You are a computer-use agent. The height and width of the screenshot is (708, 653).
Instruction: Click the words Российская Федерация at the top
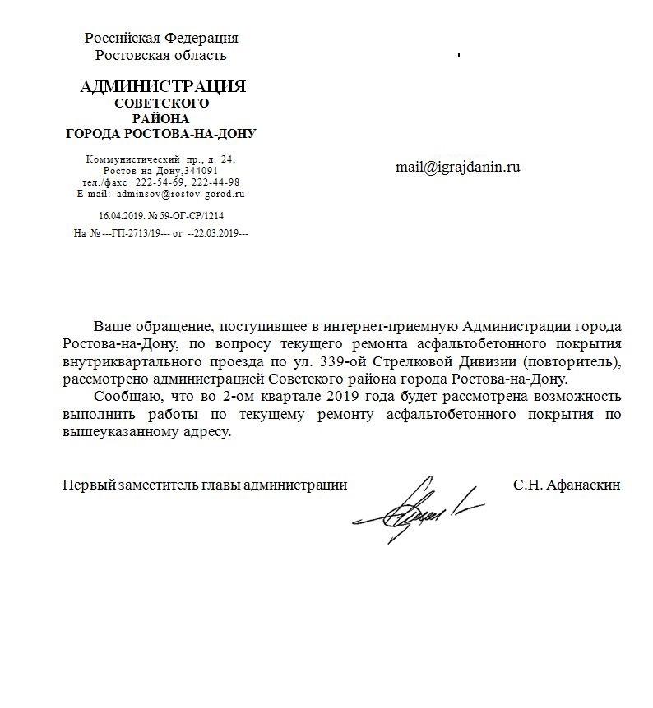click(162, 38)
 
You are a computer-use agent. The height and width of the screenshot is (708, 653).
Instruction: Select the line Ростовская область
click(161, 55)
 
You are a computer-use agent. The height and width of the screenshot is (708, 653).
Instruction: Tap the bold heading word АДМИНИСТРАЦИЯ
click(163, 87)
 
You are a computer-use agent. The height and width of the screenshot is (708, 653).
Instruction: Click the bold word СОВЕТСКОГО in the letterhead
click(161, 103)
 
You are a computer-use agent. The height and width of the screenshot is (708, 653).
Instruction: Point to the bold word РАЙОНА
click(161, 118)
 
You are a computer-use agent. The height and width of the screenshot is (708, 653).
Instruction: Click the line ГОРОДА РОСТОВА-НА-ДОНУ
click(161, 133)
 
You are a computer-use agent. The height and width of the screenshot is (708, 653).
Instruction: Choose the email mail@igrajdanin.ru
click(458, 167)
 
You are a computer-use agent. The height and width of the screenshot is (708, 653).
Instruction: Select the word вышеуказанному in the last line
click(117, 431)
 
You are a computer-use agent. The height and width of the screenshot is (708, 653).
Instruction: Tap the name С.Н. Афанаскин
click(567, 485)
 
